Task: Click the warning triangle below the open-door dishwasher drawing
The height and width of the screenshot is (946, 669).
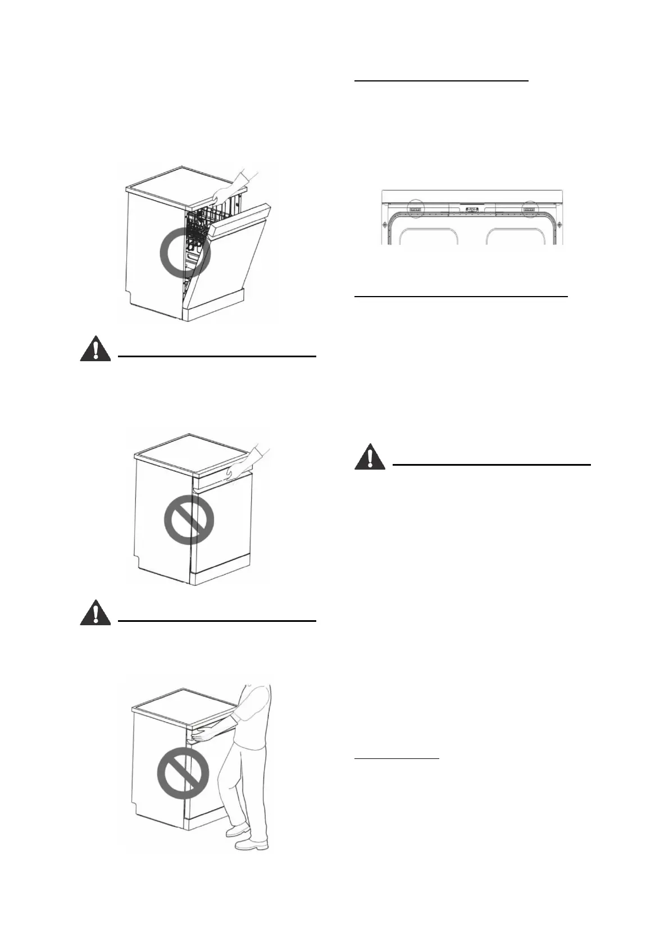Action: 95,349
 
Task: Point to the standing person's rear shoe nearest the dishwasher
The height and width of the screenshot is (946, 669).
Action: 238,830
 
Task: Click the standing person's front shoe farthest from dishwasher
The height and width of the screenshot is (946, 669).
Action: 251,844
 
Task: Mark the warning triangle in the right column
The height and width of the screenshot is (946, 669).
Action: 370,457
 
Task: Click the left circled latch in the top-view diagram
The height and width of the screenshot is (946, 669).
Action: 416,209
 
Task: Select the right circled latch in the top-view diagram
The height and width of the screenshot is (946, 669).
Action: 529,209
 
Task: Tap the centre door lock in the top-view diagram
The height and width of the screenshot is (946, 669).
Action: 472,209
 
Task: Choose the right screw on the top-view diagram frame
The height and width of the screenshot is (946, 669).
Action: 559,224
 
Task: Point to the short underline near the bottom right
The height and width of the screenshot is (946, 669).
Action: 397,759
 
